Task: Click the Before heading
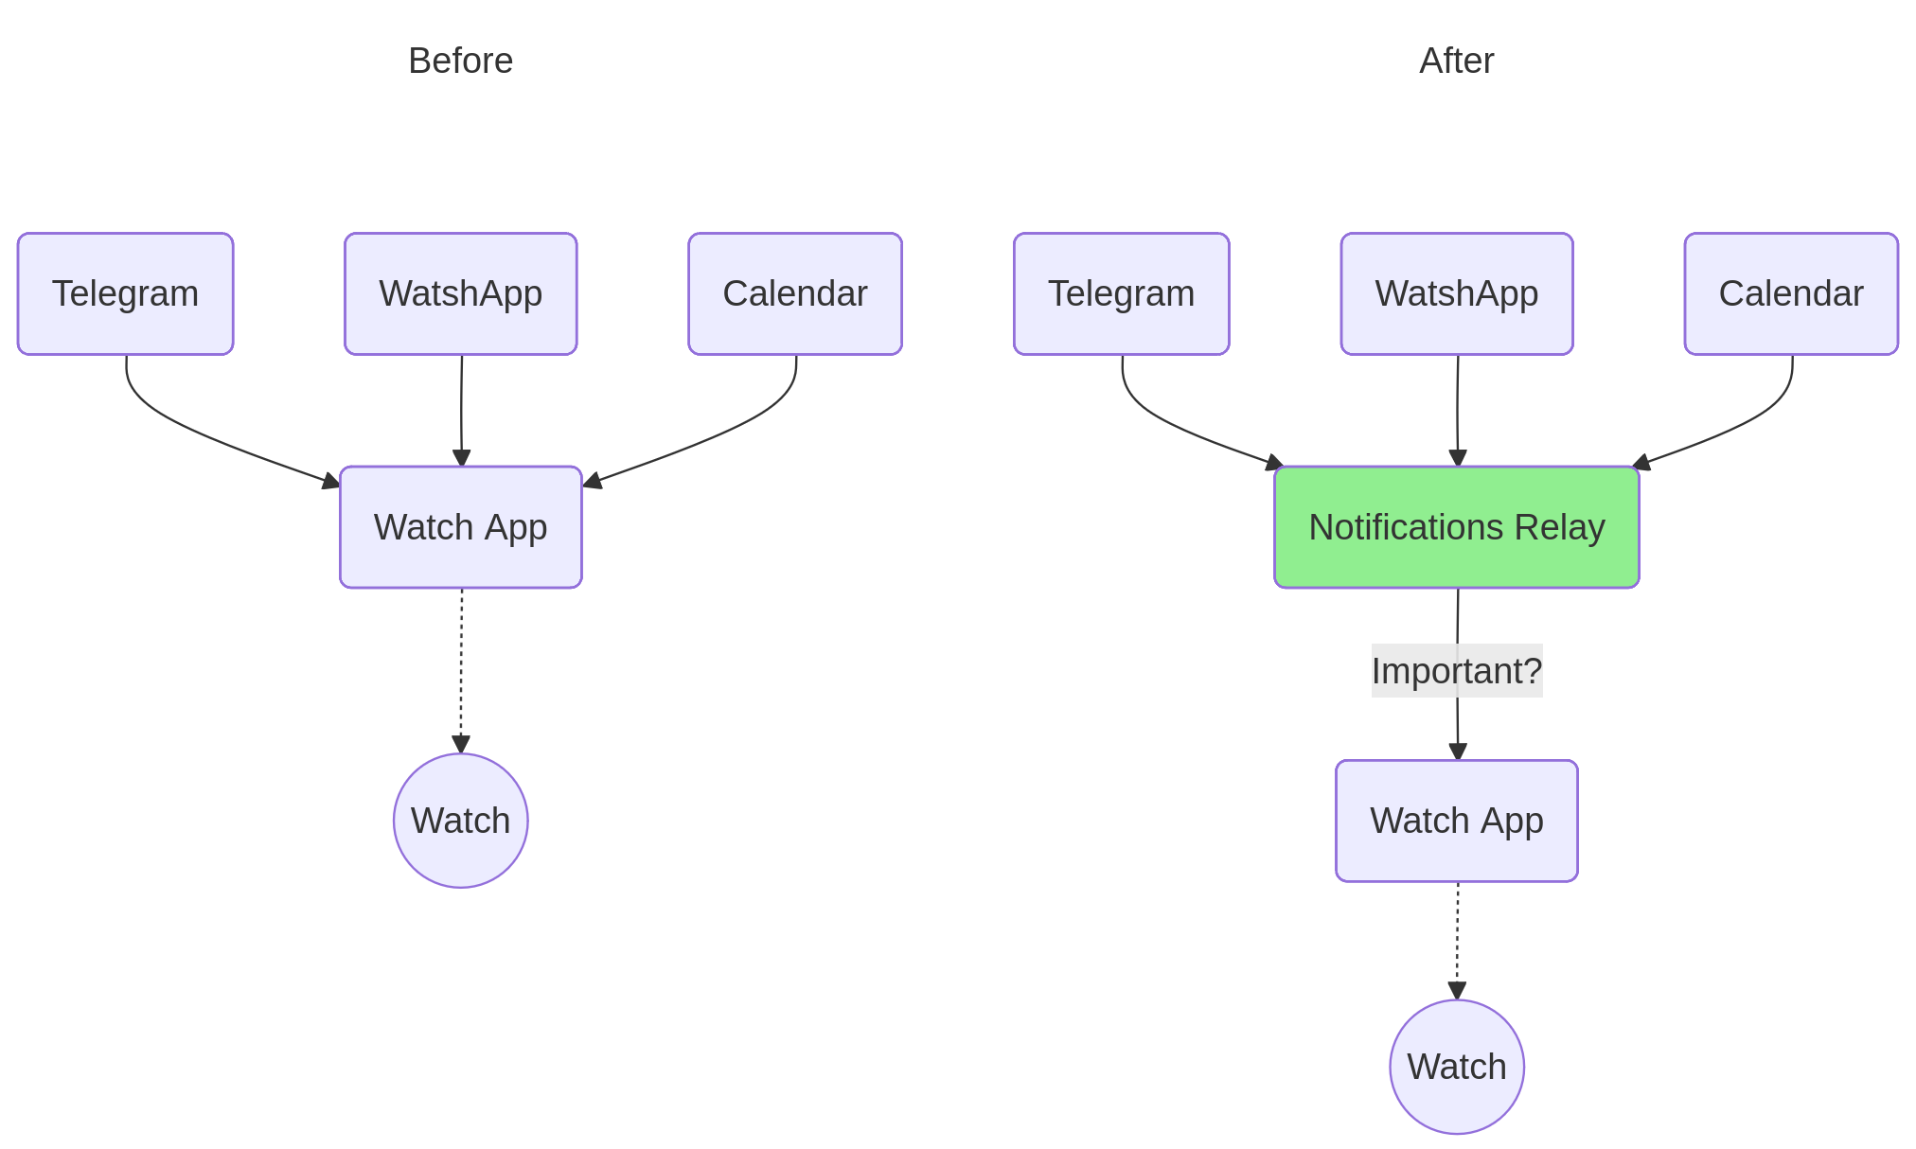460,61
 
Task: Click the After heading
1456,61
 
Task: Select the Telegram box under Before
125,293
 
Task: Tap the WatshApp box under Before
460,293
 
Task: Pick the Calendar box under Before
794,293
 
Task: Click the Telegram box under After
1121,293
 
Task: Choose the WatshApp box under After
1456,293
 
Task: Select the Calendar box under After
1790,293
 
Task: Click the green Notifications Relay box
1456,527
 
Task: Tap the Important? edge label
1456,671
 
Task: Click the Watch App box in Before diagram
460,527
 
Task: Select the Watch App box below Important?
1456,821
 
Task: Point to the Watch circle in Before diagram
460,821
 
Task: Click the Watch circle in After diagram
1456,1067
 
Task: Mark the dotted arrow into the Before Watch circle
461,672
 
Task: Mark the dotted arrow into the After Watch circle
1457,942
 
